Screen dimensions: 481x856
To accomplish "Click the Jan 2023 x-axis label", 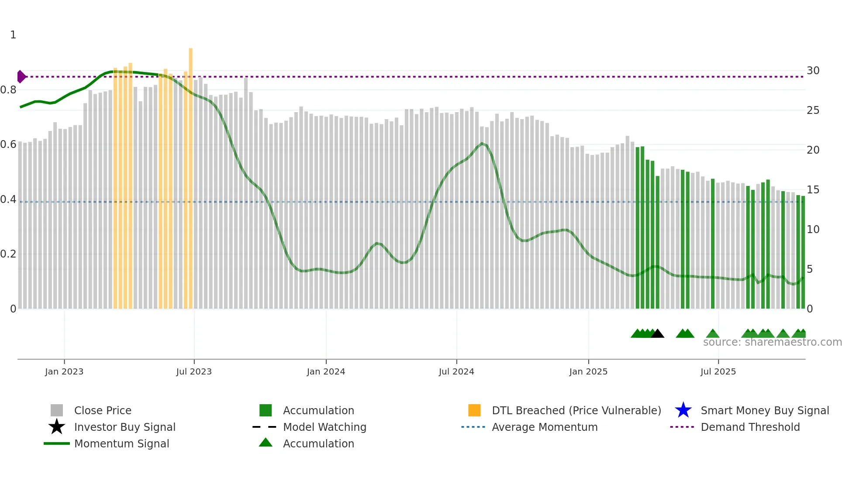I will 64,371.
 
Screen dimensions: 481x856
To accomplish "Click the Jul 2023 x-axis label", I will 194,371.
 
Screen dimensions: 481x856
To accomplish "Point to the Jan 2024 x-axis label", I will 326,371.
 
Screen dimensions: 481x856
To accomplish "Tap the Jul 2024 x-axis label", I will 456,371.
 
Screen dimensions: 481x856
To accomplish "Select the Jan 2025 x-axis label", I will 588,371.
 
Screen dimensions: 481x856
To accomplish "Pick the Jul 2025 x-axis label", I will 718,371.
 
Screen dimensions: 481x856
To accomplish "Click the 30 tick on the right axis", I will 813,71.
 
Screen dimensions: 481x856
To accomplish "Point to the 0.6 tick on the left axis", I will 8,144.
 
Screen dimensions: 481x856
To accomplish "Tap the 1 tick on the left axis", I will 13,35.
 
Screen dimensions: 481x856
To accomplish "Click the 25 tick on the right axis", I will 813,110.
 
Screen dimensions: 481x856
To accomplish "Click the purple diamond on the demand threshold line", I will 21,77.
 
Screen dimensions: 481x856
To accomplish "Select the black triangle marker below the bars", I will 657,333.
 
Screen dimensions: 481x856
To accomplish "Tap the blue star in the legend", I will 683,410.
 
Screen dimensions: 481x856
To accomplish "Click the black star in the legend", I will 57,427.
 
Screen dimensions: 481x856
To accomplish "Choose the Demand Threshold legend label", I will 750,427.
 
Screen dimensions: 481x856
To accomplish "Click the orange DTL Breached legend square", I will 474,410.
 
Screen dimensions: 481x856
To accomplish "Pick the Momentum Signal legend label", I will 121,443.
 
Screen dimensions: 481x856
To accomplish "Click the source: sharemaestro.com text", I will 772,342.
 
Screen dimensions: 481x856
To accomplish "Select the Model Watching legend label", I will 324,427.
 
